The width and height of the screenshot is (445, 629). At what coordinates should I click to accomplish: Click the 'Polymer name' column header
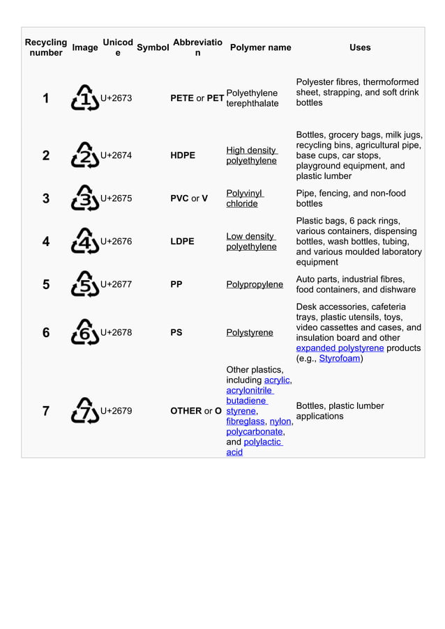(260, 47)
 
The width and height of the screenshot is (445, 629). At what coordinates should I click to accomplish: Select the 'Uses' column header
(359, 47)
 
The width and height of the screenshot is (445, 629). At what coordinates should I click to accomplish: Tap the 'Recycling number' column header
(46, 47)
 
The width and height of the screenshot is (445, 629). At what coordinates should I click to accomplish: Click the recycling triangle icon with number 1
(85, 98)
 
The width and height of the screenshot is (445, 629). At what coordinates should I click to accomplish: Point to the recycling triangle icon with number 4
(85, 241)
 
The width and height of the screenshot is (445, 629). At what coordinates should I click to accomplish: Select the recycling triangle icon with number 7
(85, 411)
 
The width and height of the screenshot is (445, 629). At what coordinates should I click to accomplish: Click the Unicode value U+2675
(116, 199)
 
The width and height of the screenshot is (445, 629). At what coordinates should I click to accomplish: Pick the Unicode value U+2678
(116, 333)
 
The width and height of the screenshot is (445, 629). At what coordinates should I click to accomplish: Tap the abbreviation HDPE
(183, 155)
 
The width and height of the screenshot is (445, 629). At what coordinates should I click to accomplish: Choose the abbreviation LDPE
(183, 242)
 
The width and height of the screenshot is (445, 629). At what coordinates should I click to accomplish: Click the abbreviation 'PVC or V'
(189, 199)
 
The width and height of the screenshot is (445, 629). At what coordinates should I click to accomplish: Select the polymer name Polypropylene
(255, 284)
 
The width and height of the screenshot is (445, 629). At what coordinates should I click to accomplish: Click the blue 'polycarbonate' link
(254, 432)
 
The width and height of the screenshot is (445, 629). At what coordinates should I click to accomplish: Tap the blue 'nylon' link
(280, 421)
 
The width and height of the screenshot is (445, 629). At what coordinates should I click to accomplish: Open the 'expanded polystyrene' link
(340, 348)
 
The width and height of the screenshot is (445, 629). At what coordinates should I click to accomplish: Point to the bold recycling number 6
(46, 333)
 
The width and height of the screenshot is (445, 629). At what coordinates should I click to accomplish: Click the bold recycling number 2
(46, 155)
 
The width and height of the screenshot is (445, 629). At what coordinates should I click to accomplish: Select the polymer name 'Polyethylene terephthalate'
(252, 98)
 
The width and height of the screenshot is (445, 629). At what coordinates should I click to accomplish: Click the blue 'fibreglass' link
(246, 421)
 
